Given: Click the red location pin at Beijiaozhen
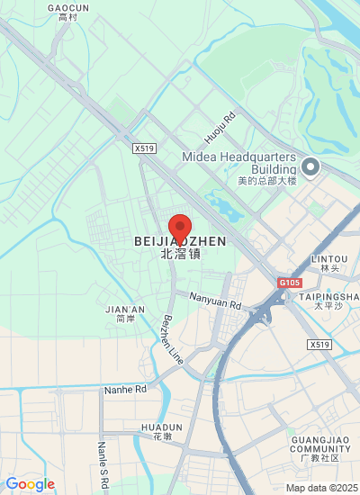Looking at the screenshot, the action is point(180,225).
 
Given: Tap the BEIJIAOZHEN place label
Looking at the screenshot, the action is point(180,242).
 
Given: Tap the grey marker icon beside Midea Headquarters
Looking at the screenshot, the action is point(310,166).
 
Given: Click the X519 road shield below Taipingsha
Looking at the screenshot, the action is point(319,345).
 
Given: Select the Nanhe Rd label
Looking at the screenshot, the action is point(125,389).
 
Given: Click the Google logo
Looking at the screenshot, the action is point(30,484).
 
